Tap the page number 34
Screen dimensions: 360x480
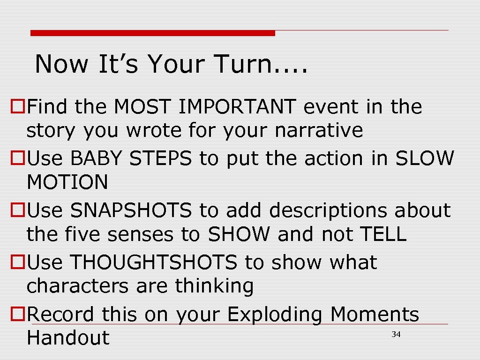point(396,334)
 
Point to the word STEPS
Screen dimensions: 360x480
point(160,159)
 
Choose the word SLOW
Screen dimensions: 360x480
point(425,159)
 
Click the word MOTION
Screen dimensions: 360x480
point(67,182)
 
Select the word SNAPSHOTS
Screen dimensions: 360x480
point(131,211)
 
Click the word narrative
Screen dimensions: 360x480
point(319,131)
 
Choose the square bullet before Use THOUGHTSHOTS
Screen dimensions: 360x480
point(17,263)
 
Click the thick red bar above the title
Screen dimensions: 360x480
point(153,33)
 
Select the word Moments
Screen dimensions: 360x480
point(375,315)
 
